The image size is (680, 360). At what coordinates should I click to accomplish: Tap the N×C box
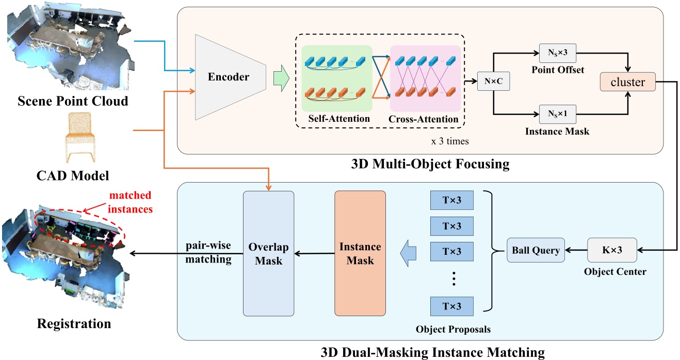[x=493, y=81]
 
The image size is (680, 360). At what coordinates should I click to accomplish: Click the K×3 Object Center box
[x=612, y=251]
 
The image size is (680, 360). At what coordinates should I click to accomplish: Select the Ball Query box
[x=536, y=251]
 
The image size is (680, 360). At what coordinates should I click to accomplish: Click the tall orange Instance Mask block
[x=360, y=253]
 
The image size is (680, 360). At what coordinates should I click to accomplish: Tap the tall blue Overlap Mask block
[x=268, y=253]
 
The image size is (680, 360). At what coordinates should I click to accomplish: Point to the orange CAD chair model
[x=80, y=137]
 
